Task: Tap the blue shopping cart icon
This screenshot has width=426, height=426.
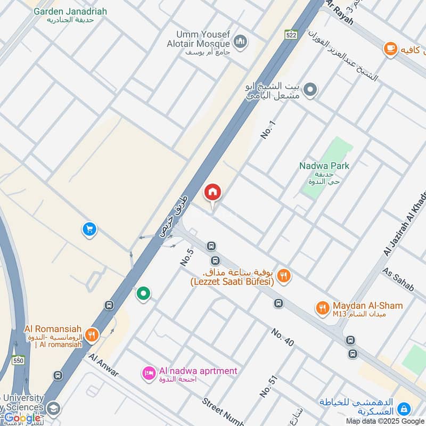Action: pos(89,229)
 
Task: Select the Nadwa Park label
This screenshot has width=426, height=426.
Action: pos(324,166)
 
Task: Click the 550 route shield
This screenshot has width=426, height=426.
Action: pos(19,359)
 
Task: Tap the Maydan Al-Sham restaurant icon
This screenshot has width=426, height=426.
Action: pos(322,307)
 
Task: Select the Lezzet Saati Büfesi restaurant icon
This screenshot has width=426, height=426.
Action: pos(284,275)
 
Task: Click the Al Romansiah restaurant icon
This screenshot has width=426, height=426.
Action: pos(92,334)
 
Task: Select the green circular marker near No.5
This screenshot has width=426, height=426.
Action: pos(143,293)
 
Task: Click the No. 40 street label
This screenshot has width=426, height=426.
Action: pos(282,338)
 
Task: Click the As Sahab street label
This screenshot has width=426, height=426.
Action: pos(398,279)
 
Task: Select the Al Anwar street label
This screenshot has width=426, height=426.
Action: pos(104,366)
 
